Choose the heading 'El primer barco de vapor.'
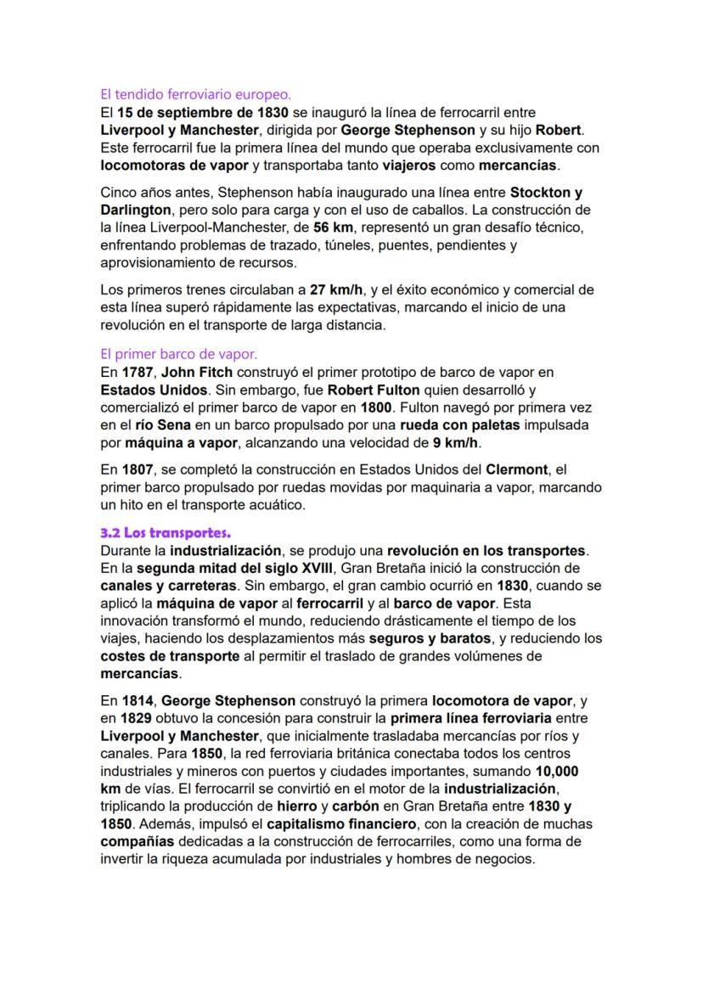[178, 354]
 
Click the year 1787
[137, 372]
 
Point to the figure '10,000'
[557, 772]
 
